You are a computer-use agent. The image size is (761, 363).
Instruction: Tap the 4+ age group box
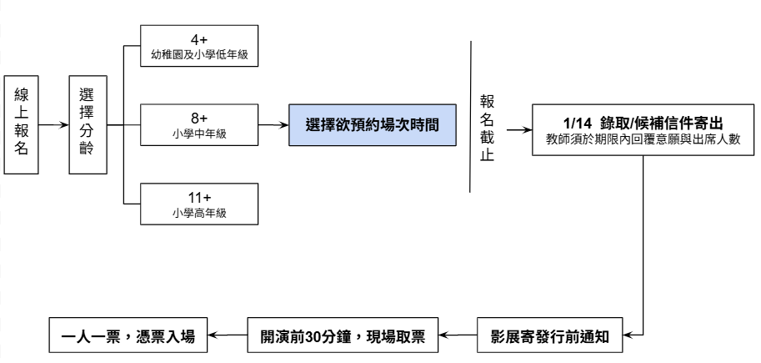coord(199,47)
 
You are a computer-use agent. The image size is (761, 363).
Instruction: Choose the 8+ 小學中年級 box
coord(199,124)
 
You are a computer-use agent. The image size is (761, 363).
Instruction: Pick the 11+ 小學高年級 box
coord(199,204)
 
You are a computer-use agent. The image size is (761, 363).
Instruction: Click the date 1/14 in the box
coord(578,121)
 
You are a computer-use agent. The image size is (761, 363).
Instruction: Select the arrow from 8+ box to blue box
coord(273,125)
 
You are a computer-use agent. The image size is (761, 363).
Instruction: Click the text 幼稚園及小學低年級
coord(199,55)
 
